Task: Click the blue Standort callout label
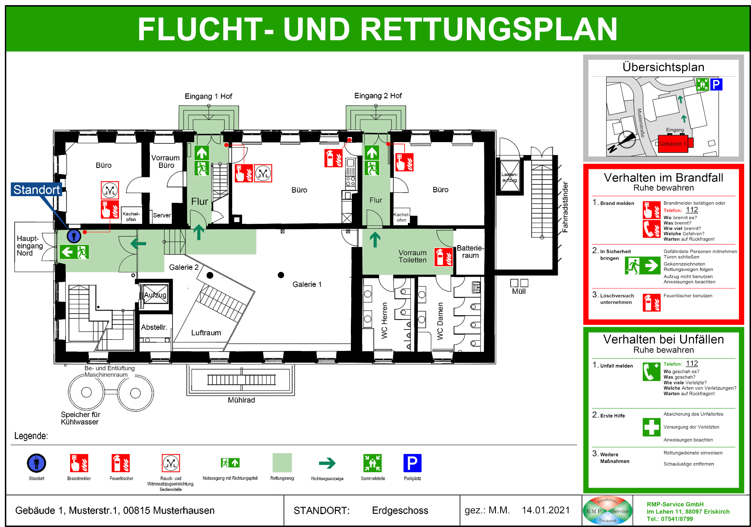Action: [36, 190]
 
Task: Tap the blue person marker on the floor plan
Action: [74, 236]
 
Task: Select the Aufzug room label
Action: [155, 295]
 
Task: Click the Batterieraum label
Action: [470, 251]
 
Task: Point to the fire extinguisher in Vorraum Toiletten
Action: [443, 257]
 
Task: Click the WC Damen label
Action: [440, 321]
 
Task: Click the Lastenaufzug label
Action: [509, 177]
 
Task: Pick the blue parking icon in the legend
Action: [412, 463]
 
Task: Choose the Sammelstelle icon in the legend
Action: [372, 463]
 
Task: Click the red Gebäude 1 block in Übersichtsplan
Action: [673, 144]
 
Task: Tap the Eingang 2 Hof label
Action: [378, 96]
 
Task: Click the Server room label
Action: [162, 215]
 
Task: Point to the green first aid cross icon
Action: [651, 427]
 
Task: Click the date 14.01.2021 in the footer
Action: [546, 510]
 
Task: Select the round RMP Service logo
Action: [607, 511]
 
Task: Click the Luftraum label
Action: [206, 333]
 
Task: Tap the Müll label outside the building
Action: [519, 291]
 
